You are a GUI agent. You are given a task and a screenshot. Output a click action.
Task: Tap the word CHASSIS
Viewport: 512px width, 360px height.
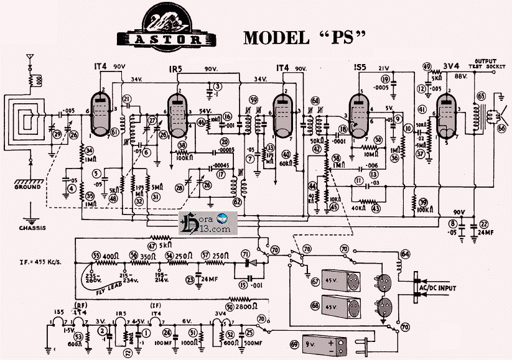pyautogui.click(x=30, y=227)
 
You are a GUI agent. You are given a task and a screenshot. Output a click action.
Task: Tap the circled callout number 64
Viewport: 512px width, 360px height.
pyautogui.click(x=405, y=254)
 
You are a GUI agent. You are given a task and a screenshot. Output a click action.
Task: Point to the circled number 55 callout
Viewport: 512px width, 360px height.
pyautogui.click(x=96, y=255)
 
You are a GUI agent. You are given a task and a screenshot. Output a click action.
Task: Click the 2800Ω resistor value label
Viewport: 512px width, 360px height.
pyautogui.click(x=251, y=307)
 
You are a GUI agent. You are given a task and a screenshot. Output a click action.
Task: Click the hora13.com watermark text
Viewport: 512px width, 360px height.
pyautogui.click(x=215, y=229)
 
